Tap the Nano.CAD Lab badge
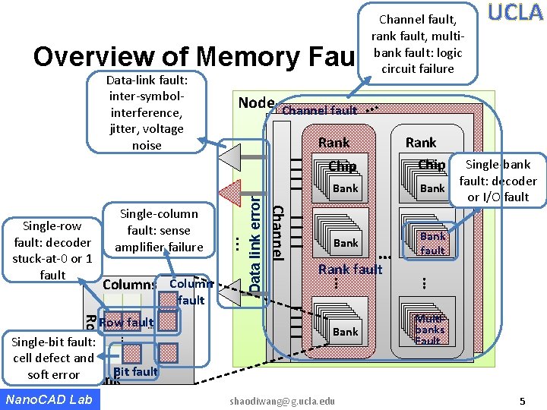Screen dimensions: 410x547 (x=49, y=399)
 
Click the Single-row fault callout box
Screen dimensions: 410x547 (x=53, y=250)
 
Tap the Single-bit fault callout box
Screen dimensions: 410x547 (x=53, y=358)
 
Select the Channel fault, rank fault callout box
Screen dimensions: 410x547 (x=417, y=43)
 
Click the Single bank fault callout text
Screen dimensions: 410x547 (x=498, y=181)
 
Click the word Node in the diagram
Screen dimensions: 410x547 (x=256, y=103)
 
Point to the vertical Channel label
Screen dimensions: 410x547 (x=278, y=233)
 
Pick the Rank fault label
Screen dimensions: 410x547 (x=350, y=269)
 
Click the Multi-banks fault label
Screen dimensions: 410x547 (x=429, y=330)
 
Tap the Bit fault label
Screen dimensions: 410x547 (x=135, y=371)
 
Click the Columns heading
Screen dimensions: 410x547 (x=129, y=285)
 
